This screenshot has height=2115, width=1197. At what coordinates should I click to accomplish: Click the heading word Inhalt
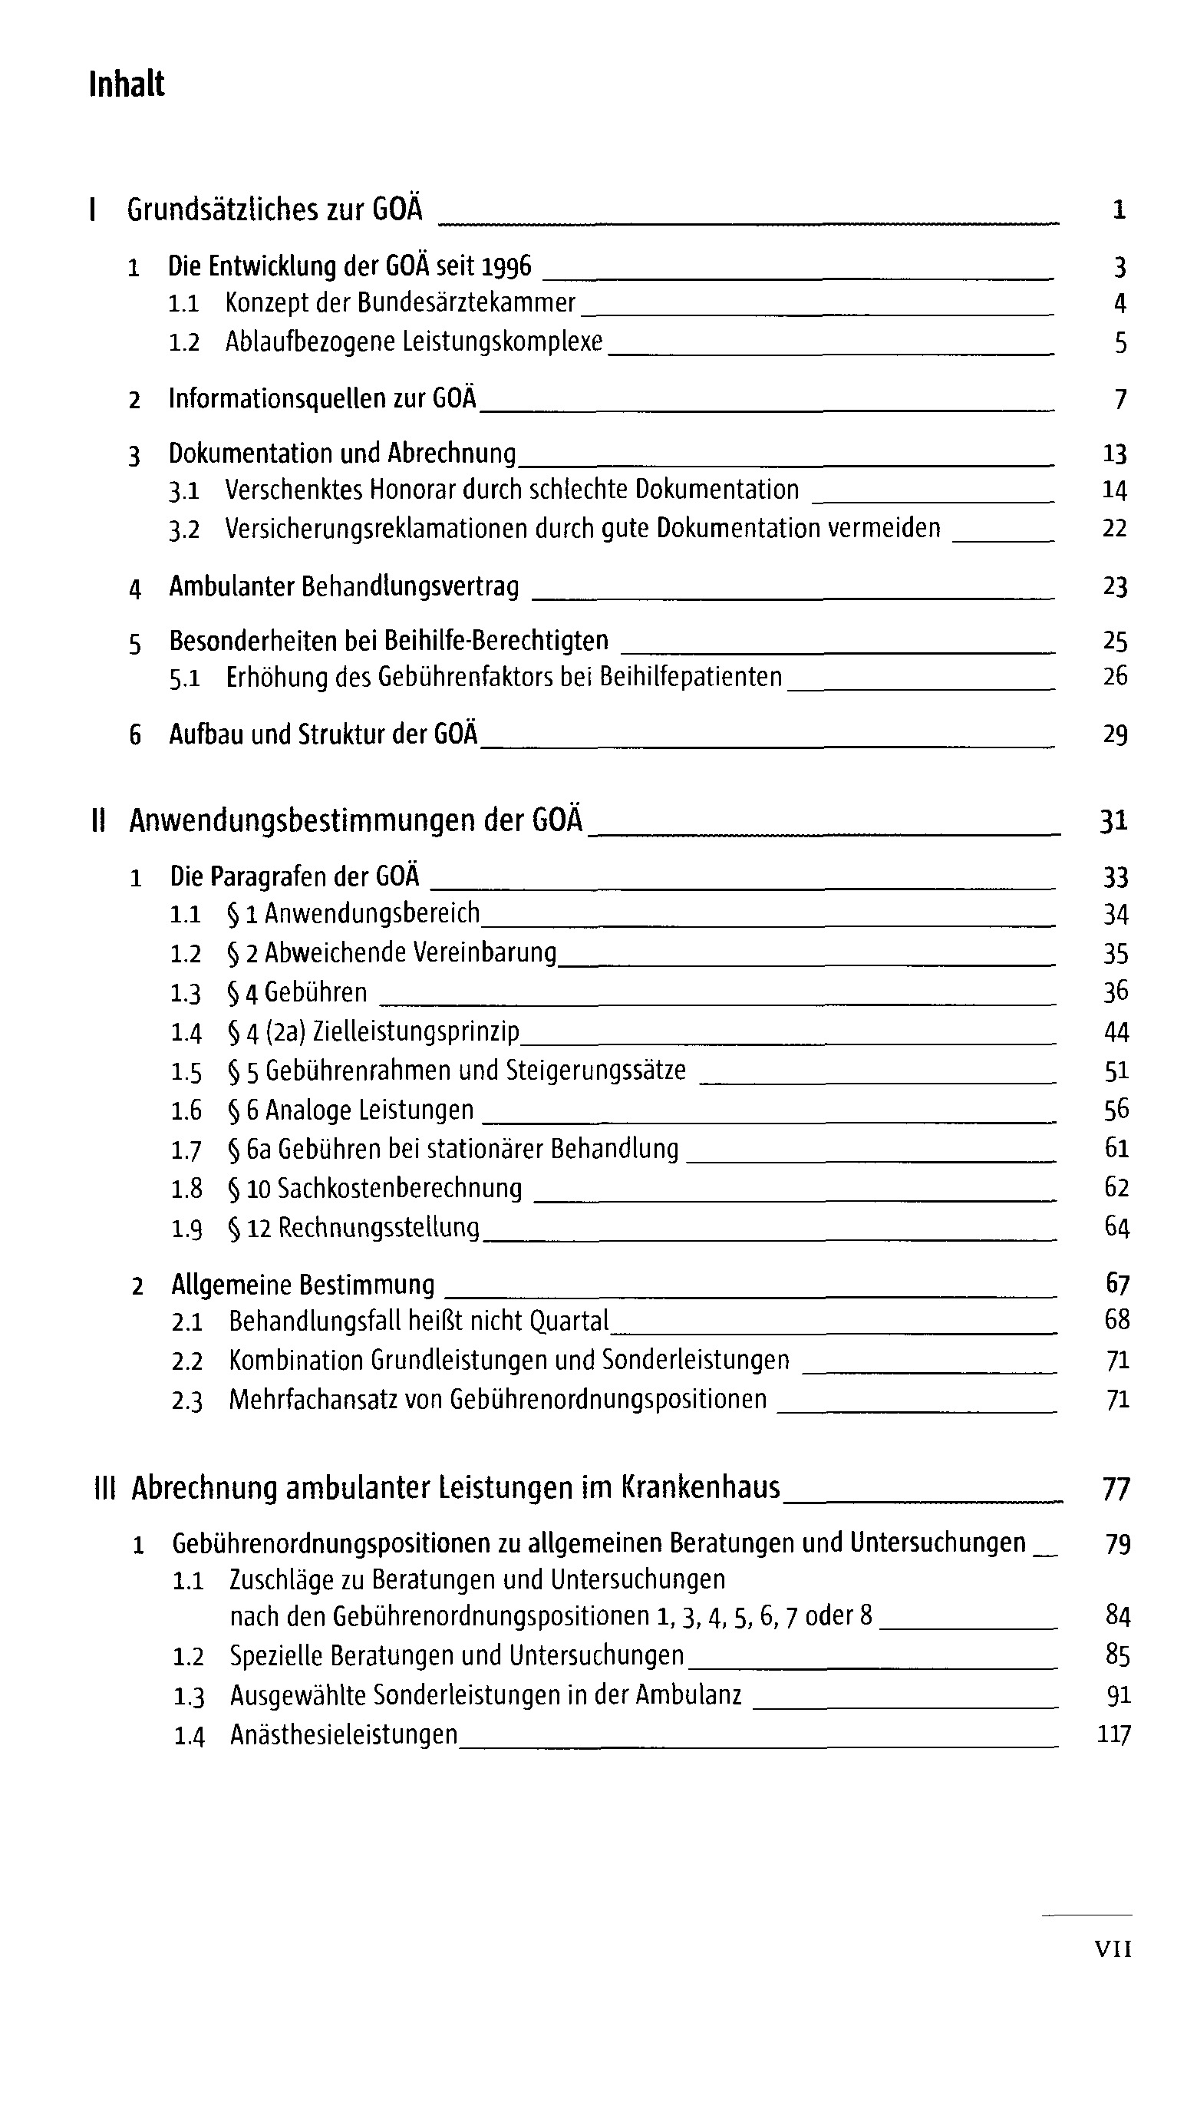127,84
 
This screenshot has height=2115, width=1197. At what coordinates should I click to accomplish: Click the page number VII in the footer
1113,1949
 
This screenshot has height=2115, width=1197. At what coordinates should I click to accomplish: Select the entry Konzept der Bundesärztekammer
401,303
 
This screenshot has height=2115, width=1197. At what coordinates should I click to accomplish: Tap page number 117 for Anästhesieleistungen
1114,1734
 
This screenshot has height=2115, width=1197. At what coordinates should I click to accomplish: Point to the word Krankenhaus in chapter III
700,1487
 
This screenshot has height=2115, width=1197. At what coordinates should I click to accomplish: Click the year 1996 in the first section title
506,266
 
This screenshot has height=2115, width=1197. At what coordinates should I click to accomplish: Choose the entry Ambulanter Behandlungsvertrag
344,587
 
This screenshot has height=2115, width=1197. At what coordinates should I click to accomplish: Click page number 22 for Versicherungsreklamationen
1114,528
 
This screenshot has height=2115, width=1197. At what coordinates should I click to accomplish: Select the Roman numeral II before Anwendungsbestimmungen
99,821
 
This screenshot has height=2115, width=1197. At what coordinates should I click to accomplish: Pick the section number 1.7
186,1150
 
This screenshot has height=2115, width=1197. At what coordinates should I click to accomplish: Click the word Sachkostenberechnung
400,1189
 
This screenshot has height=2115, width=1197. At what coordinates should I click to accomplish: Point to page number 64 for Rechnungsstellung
1116,1227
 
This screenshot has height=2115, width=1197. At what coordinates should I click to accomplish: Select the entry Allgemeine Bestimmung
302,1285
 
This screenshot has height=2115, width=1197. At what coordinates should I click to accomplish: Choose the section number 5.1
185,678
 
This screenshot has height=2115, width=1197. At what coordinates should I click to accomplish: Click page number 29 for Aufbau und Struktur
1115,734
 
